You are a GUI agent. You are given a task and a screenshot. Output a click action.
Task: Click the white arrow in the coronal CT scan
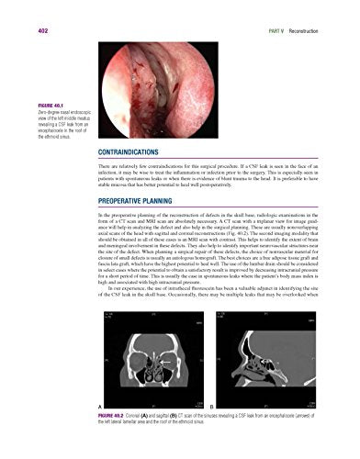(x=157, y=360)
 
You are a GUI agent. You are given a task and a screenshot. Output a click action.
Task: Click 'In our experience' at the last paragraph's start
(x=124, y=313)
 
